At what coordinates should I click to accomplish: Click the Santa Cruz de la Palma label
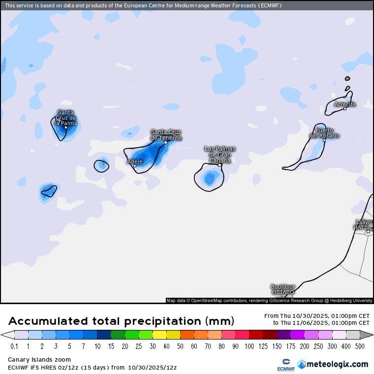(x=66, y=118)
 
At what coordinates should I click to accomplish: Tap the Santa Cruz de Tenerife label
(x=166, y=135)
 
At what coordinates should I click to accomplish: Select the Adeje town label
(x=135, y=161)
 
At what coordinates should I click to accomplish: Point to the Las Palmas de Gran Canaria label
(x=220, y=154)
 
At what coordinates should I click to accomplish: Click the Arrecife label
(x=344, y=104)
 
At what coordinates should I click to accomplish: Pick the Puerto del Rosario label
(x=324, y=133)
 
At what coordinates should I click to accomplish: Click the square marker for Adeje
(x=135, y=166)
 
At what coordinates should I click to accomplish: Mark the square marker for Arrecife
(x=345, y=108)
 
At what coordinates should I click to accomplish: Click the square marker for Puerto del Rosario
(x=324, y=140)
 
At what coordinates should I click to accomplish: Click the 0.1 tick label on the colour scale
(x=15, y=346)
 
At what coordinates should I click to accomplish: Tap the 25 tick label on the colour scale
(x=132, y=346)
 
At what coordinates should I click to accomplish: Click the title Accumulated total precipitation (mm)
(x=121, y=321)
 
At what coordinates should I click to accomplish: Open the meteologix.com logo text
(x=337, y=364)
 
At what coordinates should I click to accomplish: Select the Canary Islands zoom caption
(x=39, y=360)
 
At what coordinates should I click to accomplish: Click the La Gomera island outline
(x=101, y=165)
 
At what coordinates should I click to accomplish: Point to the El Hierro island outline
(x=49, y=191)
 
